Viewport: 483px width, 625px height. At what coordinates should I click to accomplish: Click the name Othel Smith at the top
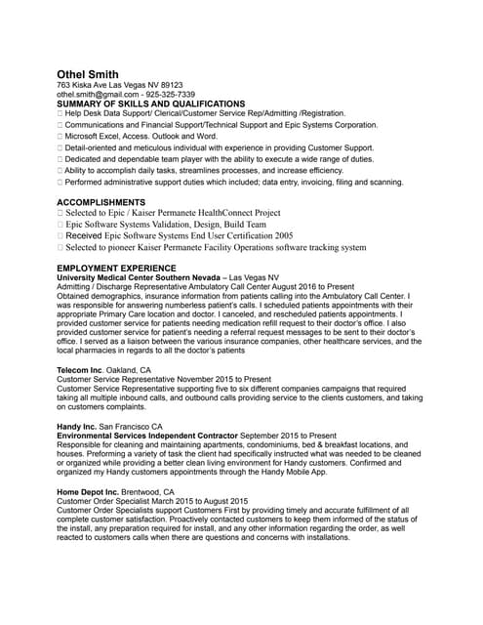(88, 74)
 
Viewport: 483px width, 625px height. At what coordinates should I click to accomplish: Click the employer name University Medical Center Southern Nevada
(138, 277)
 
